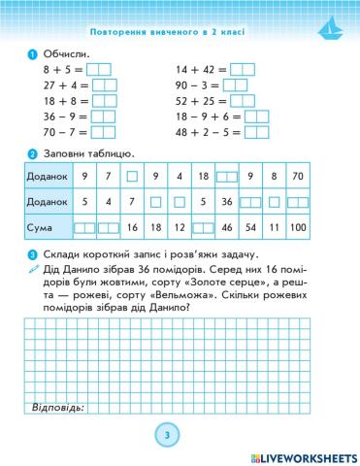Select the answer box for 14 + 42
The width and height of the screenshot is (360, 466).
(243, 69)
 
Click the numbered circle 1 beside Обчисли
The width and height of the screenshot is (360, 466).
(34, 52)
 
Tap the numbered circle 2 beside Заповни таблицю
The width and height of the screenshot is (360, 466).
(34, 153)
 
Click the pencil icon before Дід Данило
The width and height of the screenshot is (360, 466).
(34, 269)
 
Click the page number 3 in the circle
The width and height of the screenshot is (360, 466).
(167, 434)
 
